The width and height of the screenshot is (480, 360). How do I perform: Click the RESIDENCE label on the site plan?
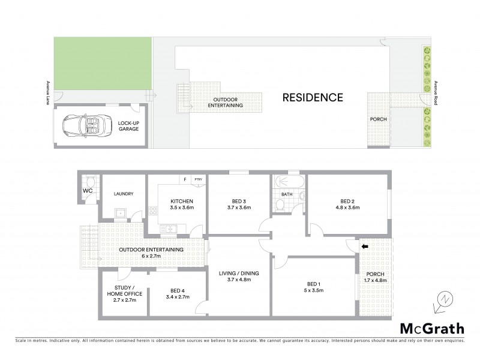tap(313, 97)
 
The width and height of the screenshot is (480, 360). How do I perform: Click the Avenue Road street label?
tap(436, 94)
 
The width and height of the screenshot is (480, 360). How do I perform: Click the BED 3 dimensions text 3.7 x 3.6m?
tap(239, 208)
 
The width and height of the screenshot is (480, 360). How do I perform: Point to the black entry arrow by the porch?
tap(364, 246)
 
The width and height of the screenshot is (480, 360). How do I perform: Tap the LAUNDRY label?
tap(123, 194)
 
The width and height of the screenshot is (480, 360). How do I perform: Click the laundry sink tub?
tap(119, 212)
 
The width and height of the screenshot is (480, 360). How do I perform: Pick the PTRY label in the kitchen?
tap(197, 179)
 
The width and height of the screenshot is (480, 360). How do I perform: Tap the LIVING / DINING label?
tap(239, 271)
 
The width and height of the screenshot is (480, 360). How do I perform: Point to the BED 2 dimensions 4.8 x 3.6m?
tap(347, 208)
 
